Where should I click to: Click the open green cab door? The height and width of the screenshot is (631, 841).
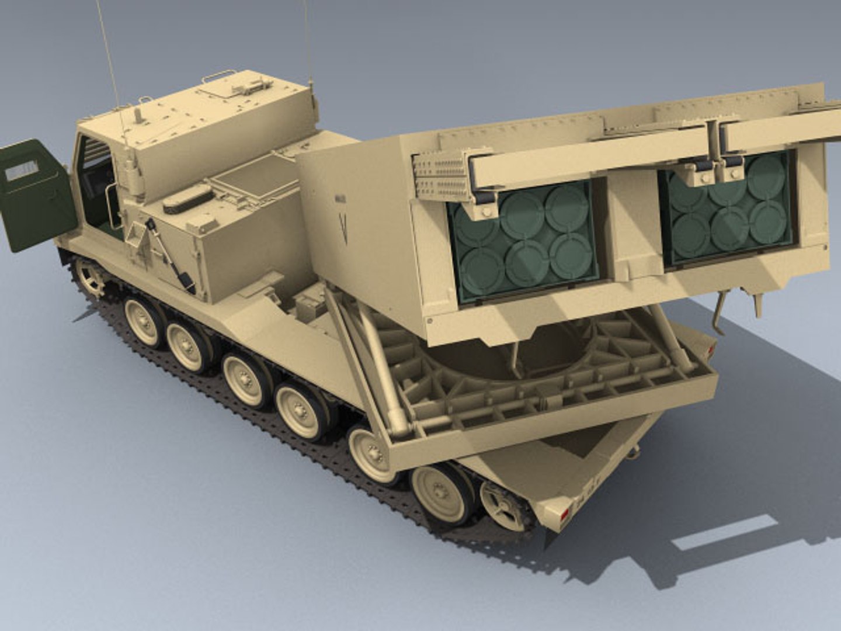pyautogui.click(x=36, y=196)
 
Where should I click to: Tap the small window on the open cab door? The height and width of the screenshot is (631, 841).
pyautogui.click(x=22, y=171)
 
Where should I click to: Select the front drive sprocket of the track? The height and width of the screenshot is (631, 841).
pyautogui.click(x=91, y=277)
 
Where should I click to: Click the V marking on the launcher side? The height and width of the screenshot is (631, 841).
pyautogui.click(x=343, y=228)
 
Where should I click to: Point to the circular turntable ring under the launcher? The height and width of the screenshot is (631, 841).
pyautogui.click(x=514, y=356)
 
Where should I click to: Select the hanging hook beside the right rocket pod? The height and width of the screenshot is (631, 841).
pyautogui.click(x=720, y=313)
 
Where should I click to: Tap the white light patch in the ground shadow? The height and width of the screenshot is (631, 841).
pyautogui.click(x=724, y=533)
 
